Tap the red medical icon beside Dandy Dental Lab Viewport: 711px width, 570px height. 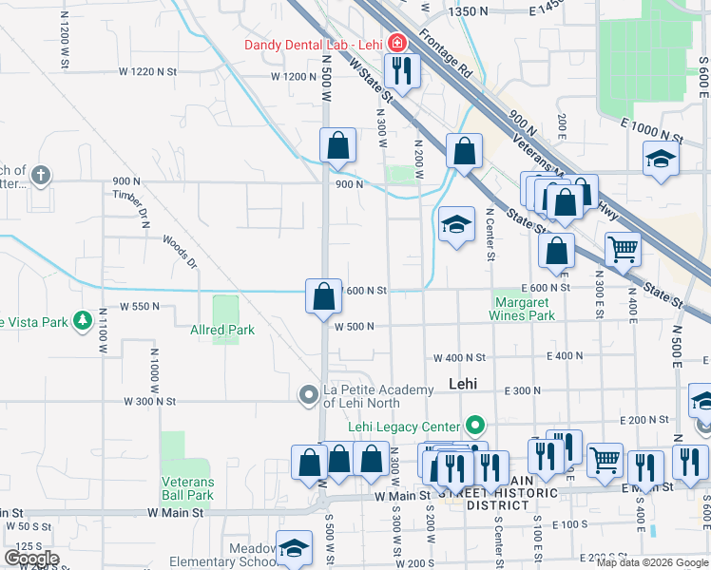click(395, 44)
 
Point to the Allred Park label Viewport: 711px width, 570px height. click(221, 331)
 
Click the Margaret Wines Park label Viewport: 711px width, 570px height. click(522, 309)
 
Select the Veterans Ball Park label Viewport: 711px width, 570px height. click(187, 488)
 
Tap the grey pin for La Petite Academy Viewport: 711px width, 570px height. click(307, 393)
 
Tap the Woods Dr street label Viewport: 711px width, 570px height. click(179, 252)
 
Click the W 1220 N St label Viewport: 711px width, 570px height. click(148, 71)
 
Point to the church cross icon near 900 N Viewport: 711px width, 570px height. click(40, 175)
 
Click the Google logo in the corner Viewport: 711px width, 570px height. click(30, 559)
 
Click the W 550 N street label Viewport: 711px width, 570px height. click(139, 307)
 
